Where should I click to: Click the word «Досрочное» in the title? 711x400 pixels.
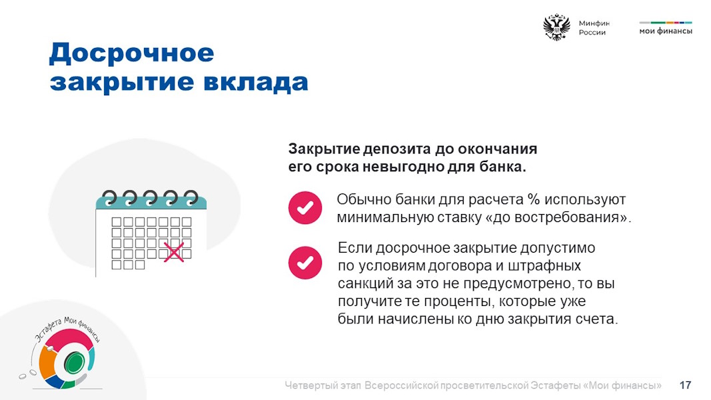click(x=131, y=53)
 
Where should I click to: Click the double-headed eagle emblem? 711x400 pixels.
click(x=556, y=27)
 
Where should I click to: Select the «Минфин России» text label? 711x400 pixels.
click(x=594, y=27)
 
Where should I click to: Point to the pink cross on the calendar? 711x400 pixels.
click(x=174, y=252)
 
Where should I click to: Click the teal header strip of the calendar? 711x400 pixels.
click(x=151, y=202)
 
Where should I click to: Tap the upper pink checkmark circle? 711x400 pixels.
click(x=305, y=208)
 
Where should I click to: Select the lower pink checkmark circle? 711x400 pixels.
click(x=305, y=263)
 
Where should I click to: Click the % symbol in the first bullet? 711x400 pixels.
click(x=534, y=199)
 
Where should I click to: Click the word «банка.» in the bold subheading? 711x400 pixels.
click(x=503, y=167)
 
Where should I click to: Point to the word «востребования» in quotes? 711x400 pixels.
click(x=571, y=217)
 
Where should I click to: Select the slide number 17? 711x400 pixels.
click(x=685, y=385)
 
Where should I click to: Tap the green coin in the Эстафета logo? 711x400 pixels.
click(x=73, y=363)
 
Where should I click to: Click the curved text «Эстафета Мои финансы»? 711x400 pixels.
click(x=67, y=328)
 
